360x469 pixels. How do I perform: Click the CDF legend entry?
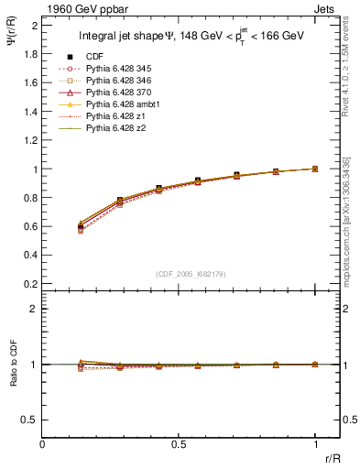[94, 57]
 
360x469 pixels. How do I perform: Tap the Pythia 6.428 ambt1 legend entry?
[120, 105]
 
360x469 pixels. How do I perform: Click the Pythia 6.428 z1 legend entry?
[115, 117]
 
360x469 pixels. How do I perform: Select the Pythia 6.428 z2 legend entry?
[115, 129]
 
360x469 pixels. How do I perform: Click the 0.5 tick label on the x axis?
[179, 445]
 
